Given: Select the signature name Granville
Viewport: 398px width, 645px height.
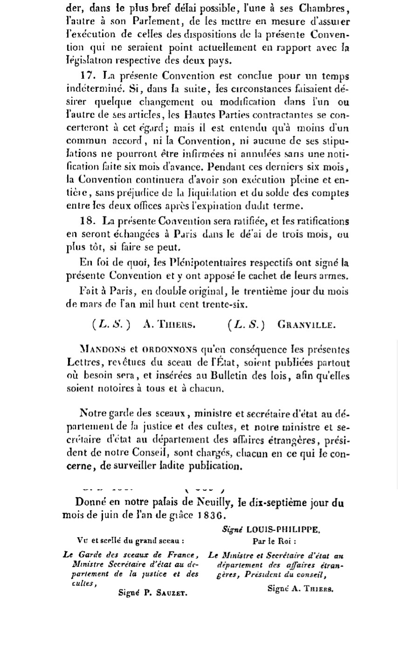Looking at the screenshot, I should click(306, 324).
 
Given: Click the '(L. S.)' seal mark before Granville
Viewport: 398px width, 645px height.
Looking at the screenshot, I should click(246, 324).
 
